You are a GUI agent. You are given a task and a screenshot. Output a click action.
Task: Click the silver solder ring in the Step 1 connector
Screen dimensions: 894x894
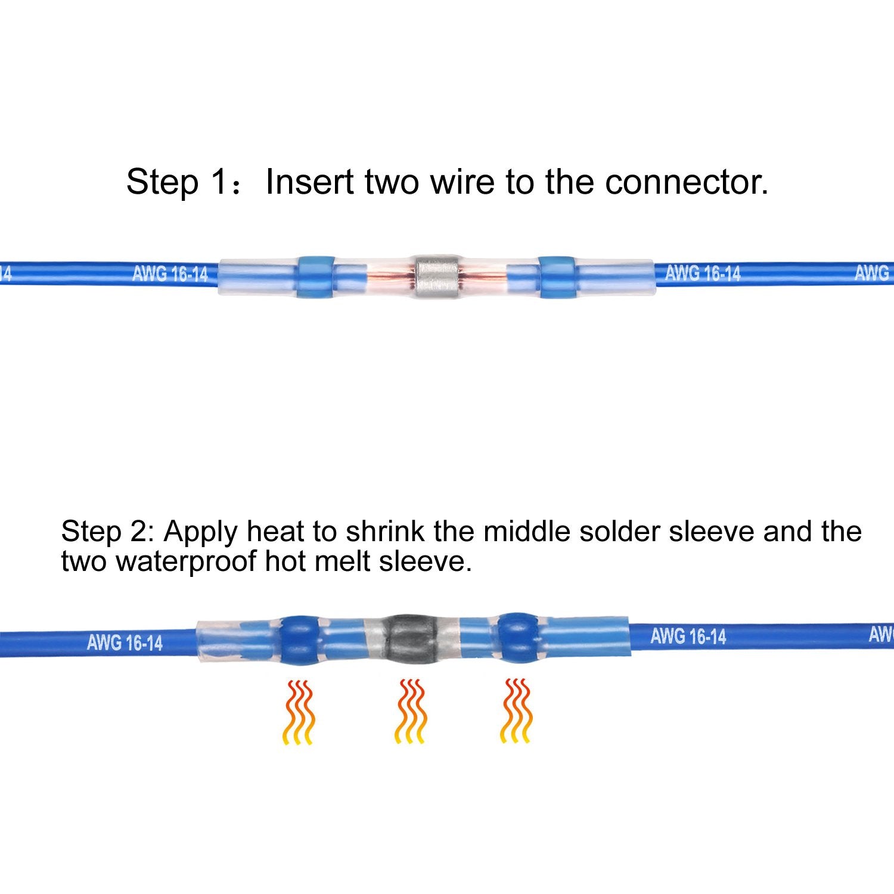point(436,278)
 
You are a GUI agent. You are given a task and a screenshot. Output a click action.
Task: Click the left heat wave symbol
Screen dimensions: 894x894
point(298,712)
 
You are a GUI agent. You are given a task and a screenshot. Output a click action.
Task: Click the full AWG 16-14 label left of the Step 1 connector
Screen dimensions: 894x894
point(170,274)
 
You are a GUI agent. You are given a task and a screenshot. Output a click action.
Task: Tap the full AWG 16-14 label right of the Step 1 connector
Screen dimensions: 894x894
point(703,274)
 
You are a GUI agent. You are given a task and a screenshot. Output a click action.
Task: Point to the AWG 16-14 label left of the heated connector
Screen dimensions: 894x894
point(125,643)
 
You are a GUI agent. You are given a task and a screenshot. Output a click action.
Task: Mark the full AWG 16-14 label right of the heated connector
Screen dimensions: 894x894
point(688,636)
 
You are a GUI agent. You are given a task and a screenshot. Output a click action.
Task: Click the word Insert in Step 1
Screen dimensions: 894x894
point(309,182)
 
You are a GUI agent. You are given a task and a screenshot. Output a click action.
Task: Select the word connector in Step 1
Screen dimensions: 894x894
point(686,182)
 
